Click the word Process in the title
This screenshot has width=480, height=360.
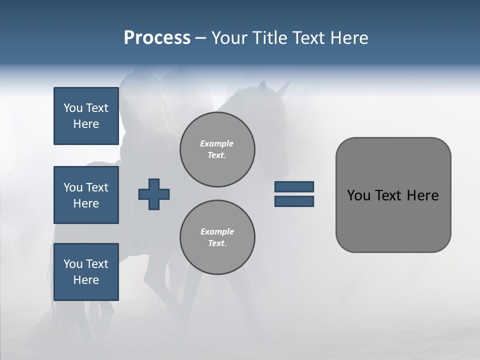[157, 38]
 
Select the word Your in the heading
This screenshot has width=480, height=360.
[229, 38]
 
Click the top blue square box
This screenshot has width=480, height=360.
[86, 116]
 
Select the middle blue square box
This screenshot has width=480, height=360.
[86, 195]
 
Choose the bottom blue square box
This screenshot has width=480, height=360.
[86, 272]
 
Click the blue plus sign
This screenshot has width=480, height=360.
[153, 194]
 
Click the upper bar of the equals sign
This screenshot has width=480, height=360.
[294, 187]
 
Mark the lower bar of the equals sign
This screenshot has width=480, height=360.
[294, 201]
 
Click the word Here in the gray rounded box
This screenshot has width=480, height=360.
[422, 195]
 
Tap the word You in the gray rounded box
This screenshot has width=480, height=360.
[358, 195]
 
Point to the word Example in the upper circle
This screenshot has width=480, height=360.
[217, 143]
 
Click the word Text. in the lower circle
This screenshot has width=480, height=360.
[217, 243]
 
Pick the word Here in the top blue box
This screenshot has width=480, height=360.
[86, 124]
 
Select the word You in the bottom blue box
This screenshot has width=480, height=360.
[73, 264]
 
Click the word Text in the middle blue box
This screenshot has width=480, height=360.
[97, 187]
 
